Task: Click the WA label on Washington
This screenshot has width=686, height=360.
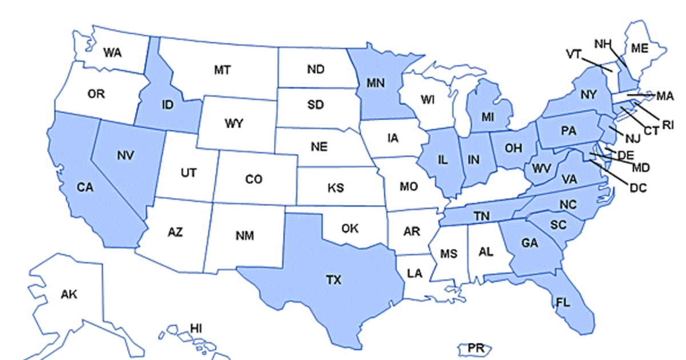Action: click(112, 53)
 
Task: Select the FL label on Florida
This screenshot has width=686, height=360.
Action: click(563, 303)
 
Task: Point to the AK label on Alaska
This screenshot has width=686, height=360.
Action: click(69, 294)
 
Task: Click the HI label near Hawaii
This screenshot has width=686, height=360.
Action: click(196, 328)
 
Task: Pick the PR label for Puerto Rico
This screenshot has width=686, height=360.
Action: click(475, 347)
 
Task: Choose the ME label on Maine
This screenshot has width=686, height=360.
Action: click(640, 49)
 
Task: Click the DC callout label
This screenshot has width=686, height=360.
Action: click(638, 186)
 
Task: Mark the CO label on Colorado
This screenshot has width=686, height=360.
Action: click(253, 179)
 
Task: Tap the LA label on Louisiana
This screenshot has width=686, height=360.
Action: click(414, 273)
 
